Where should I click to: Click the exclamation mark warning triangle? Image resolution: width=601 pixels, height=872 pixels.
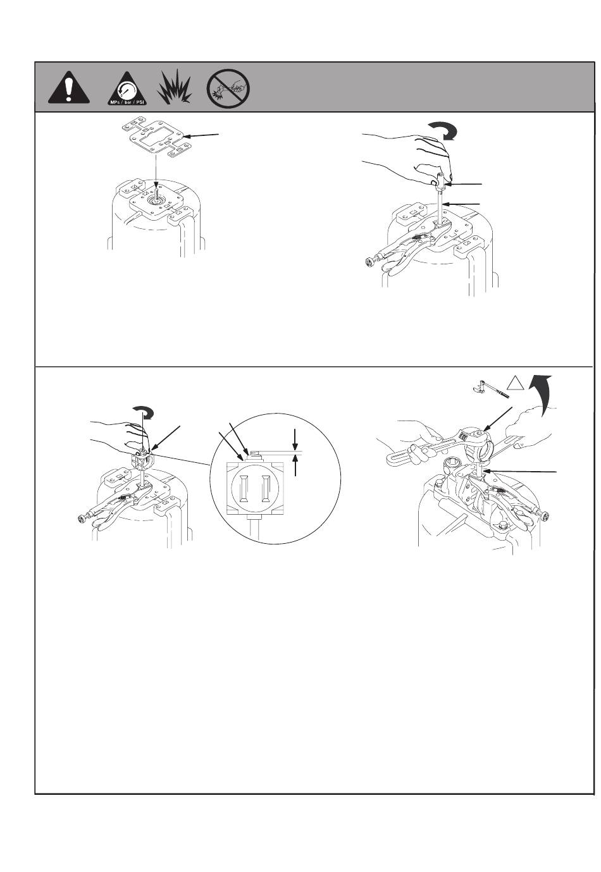coord(68,88)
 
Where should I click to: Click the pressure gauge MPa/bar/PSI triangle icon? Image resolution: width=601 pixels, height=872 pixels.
coord(127,89)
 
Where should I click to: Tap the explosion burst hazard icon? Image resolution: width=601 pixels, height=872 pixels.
coord(175,86)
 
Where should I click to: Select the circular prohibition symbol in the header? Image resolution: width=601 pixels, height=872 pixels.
coord(228,89)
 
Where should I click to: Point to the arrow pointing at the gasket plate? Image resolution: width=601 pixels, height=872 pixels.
coord(201,135)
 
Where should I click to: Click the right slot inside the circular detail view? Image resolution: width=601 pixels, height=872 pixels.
coord(267,488)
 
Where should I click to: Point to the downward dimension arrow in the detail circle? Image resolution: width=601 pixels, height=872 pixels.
coord(295,439)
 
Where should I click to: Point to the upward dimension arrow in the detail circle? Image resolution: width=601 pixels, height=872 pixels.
coord(295,464)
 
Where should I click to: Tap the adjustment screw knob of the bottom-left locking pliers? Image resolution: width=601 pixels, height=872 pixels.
coord(83,519)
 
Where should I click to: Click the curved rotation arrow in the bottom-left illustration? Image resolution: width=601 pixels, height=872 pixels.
coord(144,413)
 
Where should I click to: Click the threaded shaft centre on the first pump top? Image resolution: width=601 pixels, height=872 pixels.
coord(156,195)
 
